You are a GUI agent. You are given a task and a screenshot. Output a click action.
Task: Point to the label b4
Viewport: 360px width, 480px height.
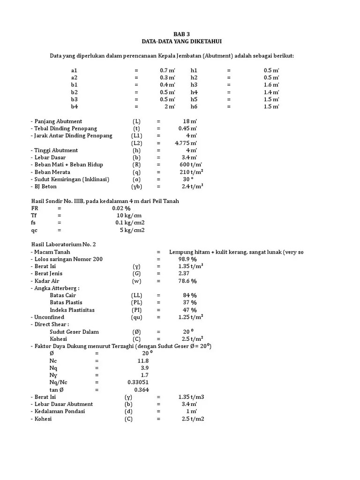[74, 106]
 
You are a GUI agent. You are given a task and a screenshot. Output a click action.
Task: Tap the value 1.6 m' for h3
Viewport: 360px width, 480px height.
[271, 85]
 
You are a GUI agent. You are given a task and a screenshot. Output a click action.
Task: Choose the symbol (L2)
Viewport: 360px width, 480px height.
[136, 143]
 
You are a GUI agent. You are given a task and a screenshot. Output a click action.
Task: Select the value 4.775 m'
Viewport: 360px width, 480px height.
[186, 143]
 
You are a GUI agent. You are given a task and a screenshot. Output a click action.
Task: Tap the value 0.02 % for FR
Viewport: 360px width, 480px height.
[121, 208]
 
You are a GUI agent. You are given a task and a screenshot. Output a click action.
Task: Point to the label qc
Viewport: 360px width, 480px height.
[34, 230]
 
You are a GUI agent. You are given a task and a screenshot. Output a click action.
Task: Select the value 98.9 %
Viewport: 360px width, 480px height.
[187, 259]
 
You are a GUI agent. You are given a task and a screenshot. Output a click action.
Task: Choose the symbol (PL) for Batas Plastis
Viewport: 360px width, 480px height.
[136, 302]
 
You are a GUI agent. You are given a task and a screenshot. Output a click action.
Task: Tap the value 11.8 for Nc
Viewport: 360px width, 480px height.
[143, 360]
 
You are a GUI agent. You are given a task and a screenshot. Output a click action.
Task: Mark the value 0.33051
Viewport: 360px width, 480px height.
[138, 382]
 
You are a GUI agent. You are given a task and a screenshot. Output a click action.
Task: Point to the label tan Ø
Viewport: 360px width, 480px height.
[57, 390]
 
